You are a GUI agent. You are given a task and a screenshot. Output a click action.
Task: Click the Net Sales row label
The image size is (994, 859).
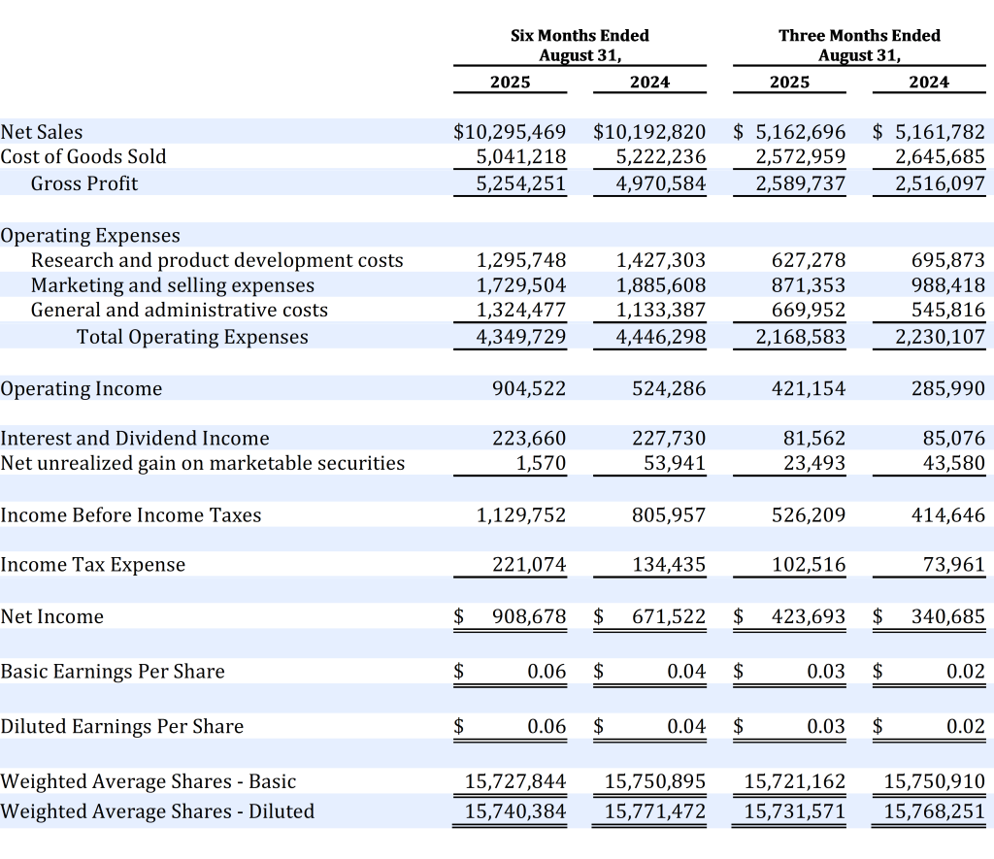(42, 132)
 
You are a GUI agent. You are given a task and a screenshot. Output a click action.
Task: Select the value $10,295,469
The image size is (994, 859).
(510, 132)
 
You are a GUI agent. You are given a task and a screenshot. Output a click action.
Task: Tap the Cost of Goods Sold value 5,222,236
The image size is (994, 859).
(661, 157)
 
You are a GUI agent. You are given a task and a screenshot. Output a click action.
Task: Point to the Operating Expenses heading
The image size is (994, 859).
(90, 236)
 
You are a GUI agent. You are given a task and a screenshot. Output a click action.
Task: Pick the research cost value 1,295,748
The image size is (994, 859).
(521, 260)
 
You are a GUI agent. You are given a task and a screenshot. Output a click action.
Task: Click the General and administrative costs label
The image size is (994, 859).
(180, 311)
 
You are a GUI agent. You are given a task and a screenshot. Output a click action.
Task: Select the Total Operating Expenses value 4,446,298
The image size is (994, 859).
(661, 337)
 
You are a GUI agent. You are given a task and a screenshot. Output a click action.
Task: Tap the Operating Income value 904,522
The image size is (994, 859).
(529, 388)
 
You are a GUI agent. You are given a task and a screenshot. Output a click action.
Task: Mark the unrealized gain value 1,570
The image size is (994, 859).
(543, 463)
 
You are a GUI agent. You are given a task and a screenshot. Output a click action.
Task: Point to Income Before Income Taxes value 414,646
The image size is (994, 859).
(948, 515)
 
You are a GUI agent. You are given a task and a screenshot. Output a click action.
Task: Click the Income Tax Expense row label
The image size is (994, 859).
(93, 565)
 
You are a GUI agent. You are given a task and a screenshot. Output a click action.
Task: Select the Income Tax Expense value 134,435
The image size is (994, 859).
(669, 565)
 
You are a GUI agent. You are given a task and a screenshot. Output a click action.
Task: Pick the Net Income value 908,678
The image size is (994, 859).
(529, 616)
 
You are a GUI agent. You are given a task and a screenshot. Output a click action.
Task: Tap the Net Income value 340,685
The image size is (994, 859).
(948, 616)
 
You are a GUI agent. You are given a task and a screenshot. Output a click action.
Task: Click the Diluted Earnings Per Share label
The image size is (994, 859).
(122, 727)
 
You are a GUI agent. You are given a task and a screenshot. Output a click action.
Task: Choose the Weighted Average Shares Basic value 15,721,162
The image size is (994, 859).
(794, 781)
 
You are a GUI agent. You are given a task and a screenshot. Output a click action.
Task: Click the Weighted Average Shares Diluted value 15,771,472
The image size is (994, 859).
(655, 811)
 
